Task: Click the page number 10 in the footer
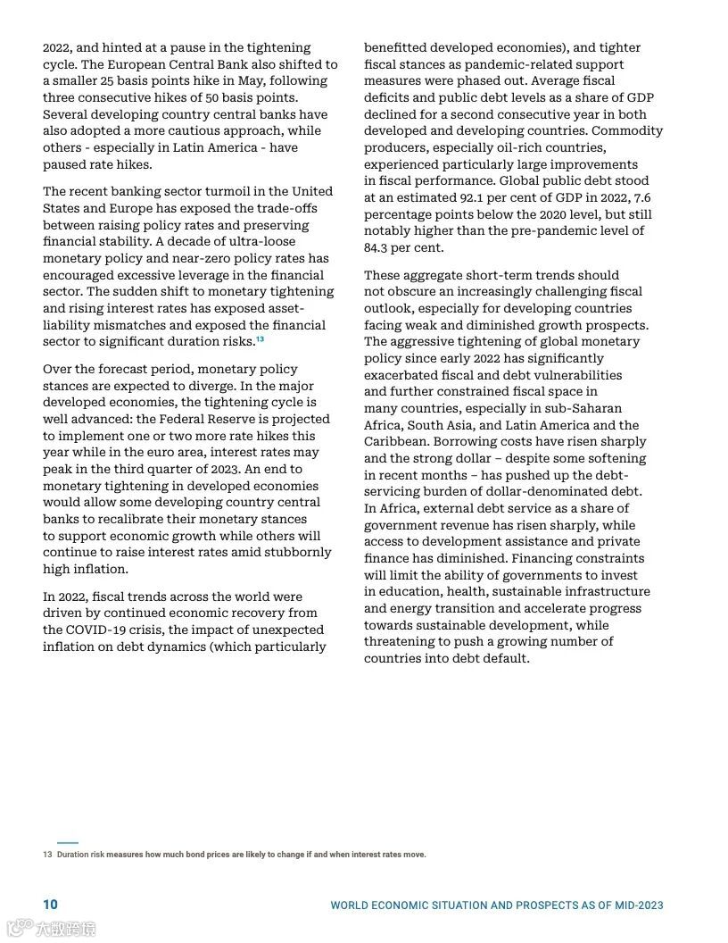click(50, 905)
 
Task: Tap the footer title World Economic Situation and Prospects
click(497, 905)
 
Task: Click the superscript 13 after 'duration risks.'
click(260, 339)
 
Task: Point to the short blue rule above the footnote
click(68, 842)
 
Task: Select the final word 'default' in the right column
click(504, 658)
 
